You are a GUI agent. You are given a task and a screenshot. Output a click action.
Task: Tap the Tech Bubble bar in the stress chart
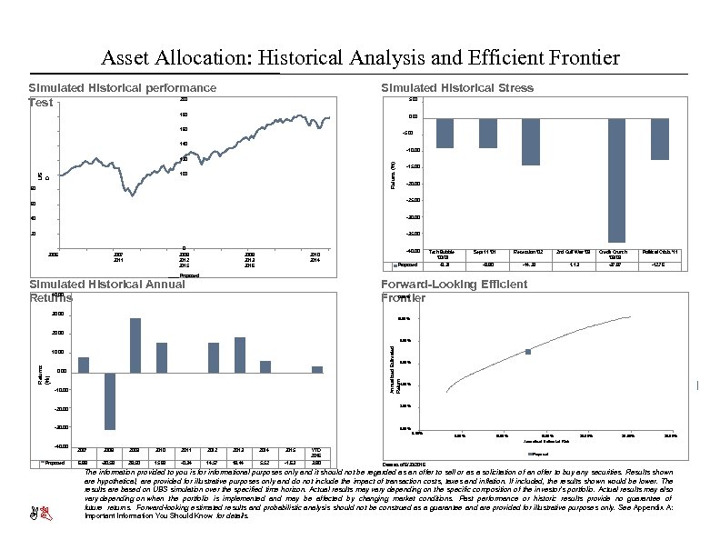[445, 133]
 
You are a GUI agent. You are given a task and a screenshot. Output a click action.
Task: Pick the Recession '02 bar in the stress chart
[531, 141]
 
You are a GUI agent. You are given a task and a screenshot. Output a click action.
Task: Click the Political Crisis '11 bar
[660, 138]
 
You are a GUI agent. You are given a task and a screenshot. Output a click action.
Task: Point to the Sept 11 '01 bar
[487, 133]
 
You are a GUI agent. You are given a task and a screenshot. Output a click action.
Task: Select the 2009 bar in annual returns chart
[135, 345]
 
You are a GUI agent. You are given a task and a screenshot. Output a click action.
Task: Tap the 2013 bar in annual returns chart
[240, 354]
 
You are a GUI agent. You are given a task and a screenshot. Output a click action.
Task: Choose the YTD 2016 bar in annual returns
[317, 368]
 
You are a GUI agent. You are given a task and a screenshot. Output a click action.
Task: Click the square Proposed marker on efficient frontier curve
[528, 351]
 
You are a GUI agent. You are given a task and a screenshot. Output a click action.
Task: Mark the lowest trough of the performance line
[133, 195]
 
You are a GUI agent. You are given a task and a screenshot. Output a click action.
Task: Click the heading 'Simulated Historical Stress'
[457, 87]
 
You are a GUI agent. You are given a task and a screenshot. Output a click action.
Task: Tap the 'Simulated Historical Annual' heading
[106, 285]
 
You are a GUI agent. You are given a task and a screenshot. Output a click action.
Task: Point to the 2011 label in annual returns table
[187, 449]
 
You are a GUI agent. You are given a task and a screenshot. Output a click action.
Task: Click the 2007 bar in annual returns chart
[83, 364]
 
